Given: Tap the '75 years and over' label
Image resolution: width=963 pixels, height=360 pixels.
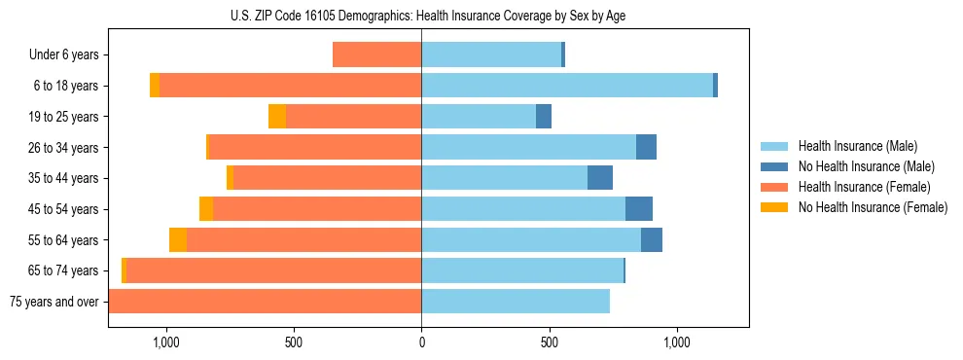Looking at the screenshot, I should click(x=54, y=302).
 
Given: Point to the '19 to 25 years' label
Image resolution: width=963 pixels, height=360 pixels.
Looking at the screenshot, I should click(x=64, y=117).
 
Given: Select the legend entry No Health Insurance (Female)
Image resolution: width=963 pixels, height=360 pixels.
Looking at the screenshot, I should click(x=873, y=207).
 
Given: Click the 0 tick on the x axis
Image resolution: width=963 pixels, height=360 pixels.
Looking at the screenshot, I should click(x=421, y=342).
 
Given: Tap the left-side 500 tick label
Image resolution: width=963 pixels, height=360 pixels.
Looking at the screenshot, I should click(x=294, y=342).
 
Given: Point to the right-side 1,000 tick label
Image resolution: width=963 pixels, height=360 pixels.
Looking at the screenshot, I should click(x=676, y=342).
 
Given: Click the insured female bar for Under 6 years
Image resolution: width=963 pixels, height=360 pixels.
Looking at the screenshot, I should click(x=376, y=55).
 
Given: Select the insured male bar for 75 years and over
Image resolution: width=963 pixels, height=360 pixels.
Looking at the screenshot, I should click(x=516, y=302).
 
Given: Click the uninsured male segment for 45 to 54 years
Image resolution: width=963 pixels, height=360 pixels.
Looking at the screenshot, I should click(x=639, y=209).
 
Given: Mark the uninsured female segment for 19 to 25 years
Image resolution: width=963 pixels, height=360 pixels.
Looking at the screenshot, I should click(x=277, y=117).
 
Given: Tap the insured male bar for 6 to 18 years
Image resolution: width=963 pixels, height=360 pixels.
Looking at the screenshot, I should click(x=567, y=86).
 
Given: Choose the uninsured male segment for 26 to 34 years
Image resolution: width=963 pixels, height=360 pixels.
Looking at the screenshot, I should click(x=646, y=147).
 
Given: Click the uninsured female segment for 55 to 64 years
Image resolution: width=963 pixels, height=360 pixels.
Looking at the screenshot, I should click(x=178, y=240).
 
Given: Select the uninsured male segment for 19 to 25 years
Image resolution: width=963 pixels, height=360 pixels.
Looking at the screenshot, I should click(x=544, y=117).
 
